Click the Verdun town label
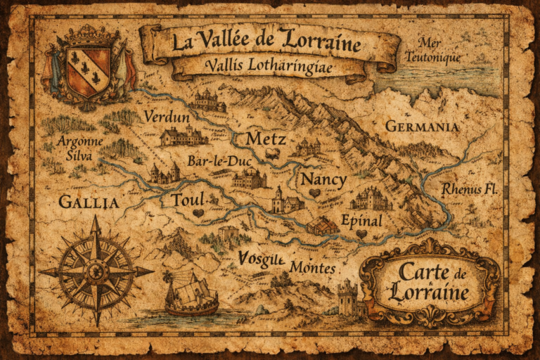pyautogui.click(x=167, y=117)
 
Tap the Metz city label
pyautogui.click(x=266, y=139)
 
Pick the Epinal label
pyautogui.click(x=361, y=221)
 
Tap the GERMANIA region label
pyautogui.click(x=422, y=127)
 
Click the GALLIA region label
pyautogui.click(x=89, y=202)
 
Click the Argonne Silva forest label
pyautogui.click(x=80, y=148)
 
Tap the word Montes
pyautogui.click(x=313, y=269)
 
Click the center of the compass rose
pyautogui.click(x=96, y=271)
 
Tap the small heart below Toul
pyautogui.click(x=199, y=213)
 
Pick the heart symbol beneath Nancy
pyautogui.click(x=314, y=193)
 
